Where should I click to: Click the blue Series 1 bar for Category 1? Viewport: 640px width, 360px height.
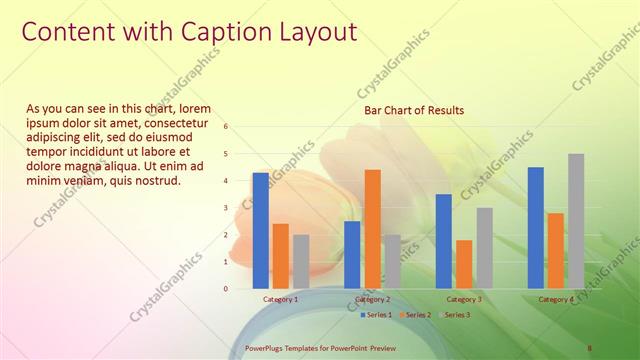(261, 230)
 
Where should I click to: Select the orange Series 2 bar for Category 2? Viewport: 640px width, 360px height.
(372, 228)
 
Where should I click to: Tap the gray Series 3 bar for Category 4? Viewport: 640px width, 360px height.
(576, 221)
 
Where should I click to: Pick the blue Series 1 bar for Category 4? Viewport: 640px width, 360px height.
(536, 227)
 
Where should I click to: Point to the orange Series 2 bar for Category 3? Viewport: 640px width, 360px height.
(464, 264)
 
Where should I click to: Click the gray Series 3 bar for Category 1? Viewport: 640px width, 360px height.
(301, 261)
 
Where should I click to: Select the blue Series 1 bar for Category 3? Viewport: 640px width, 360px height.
(444, 241)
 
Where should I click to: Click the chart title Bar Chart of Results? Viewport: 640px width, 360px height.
(414, 110)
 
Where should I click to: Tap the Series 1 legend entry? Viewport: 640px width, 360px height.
(375, 314)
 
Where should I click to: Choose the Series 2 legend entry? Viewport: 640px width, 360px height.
(414, 314)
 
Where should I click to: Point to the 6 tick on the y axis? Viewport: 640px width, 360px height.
(226, 127)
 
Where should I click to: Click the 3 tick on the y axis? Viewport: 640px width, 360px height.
(226, 208)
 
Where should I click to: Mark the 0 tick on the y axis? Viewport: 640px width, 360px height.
(226, 289)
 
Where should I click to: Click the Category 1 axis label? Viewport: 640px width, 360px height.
(280, 299)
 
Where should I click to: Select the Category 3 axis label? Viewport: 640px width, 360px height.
(463, 299)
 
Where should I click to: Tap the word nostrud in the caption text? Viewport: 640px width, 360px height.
(156, 181)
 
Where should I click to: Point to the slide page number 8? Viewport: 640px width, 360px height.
(590, 348)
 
